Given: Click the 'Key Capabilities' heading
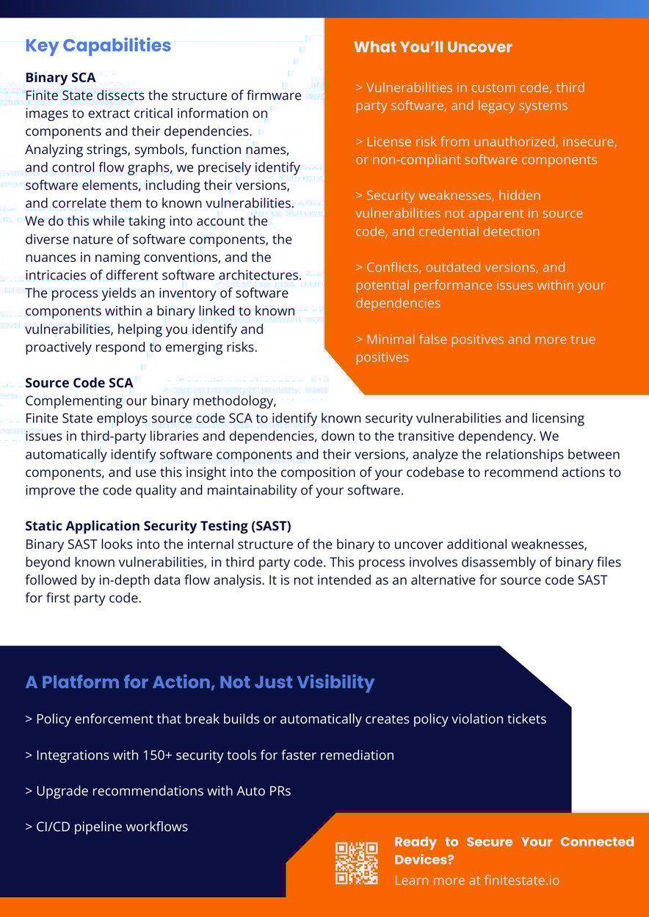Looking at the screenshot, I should pos(98,45).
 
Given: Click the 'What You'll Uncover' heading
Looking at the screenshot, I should pos(432,47).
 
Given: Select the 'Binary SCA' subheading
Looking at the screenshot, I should pos(60,77).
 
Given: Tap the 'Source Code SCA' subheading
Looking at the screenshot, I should pos(79,382).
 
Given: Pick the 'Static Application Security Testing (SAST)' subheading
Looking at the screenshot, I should pos(158,526).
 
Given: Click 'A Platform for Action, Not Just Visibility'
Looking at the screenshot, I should pos(200,682).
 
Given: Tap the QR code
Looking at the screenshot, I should pos(357,863).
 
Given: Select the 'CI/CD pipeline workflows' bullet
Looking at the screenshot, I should pos(106,827).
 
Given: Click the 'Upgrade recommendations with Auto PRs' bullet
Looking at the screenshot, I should pos(158,791).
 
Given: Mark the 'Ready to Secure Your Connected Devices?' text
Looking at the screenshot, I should pos(514,850).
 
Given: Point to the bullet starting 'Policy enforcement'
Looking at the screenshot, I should pos(286,719).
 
